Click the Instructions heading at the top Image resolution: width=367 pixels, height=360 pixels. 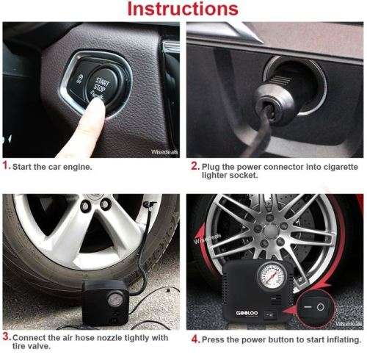[x=183, y=9]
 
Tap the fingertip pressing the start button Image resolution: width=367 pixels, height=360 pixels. [x=96, y=106]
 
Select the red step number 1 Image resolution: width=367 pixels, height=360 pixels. [x=6, y=165]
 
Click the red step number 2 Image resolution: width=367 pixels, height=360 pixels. [x=195, y=166]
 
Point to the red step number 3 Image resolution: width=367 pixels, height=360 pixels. [x=7, y=336]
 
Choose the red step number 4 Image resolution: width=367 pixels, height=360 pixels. [x=196, y=339]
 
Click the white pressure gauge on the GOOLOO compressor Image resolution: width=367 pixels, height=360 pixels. [x=272, y=276]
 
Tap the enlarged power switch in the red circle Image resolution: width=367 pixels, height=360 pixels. [x=314, y=307]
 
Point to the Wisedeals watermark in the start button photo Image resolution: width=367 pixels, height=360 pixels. [x=164, y=152]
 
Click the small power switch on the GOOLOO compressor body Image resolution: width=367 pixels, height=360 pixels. [x=270, y=314]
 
